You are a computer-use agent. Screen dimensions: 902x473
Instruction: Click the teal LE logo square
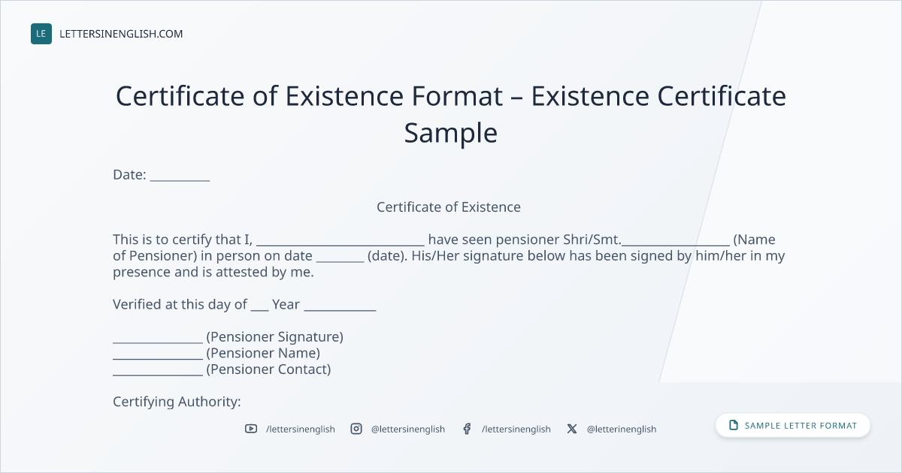[41, 34]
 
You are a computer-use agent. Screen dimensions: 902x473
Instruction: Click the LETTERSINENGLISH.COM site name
[121, 34]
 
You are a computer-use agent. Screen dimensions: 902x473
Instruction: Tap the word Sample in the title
[450, 133]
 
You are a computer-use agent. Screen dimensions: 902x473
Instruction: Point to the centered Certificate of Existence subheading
[449, 206]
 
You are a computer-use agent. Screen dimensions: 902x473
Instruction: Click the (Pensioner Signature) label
[274, 337]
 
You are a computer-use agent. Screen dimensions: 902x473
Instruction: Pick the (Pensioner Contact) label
[268, 369]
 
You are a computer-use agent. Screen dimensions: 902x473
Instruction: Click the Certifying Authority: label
[177, 402]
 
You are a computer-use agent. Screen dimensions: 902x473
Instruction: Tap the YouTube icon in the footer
[251, 429]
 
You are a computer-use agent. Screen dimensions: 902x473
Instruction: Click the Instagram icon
[356, 429]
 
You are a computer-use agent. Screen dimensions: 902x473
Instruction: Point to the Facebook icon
[467, 429]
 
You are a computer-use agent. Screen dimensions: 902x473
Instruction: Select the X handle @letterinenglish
[622, 429]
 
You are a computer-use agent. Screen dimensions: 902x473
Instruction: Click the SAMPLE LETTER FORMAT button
[793, 426]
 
